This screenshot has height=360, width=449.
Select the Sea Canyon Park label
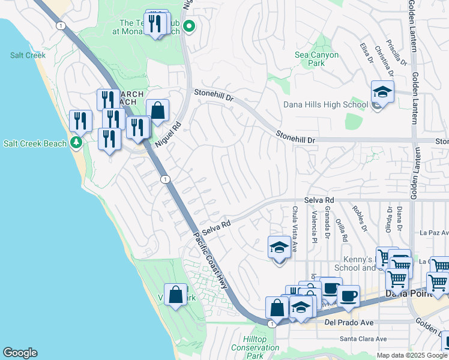[316, 59]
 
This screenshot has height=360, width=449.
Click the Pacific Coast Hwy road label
[212, 262]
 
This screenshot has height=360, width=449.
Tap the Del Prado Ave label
[349, 323]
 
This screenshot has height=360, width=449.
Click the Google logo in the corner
[20, 353]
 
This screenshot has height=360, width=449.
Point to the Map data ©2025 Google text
[412, 355]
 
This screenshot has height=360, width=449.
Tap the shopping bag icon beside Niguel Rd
[157, 110]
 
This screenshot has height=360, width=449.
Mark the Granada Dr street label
[328, 221]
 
